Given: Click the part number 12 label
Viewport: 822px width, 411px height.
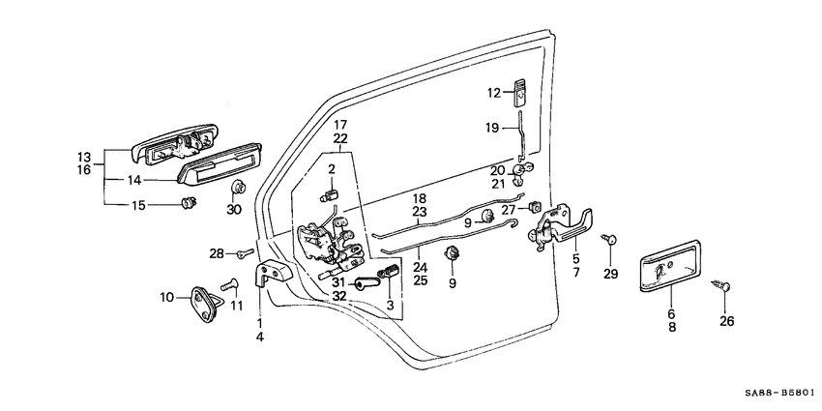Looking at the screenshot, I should [x=493, y=94].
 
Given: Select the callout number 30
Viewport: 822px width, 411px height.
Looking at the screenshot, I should [x=233, y=210].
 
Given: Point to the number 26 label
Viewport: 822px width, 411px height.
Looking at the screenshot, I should [x=727, y=321].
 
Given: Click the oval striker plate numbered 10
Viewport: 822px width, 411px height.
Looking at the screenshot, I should [x=199, y=300].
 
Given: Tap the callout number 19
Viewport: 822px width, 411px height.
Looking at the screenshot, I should [x=492, y=127].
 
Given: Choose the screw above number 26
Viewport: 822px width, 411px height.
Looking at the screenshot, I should [x=724, y=286].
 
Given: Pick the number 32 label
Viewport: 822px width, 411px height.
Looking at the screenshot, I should [x=338, y=297].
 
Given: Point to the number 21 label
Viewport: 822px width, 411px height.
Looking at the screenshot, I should [x=499, y=184].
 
